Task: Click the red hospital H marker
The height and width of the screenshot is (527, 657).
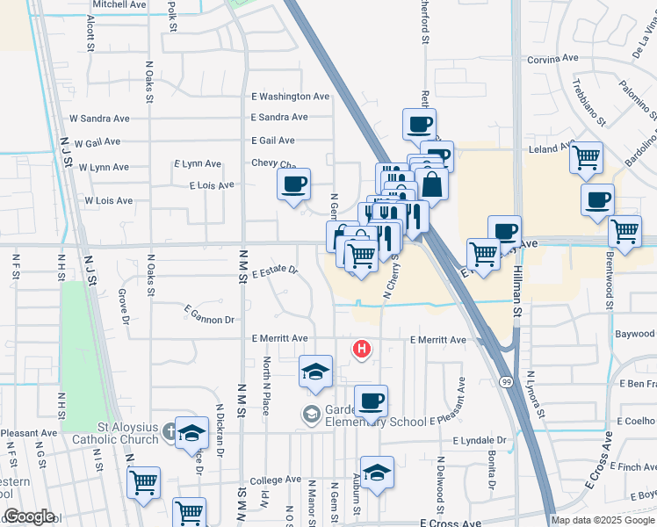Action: (x=361, y=350)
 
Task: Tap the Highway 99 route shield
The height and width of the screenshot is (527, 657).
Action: (x=507, y=382)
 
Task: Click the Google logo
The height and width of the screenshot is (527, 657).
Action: (x=29, y=516)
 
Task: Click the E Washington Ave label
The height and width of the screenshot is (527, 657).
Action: (x=290, y=97)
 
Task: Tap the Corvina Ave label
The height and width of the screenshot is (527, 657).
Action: (x=553, y=59)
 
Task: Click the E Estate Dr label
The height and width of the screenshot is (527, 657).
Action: (x=274, y=273)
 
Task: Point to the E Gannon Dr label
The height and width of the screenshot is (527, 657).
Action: (x=210, y=314)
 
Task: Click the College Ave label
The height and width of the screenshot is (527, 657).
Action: (x=275, y=480)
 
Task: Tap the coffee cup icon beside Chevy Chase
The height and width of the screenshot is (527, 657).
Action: (x=294, y=184)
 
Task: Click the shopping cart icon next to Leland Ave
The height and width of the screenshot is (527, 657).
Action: (x=586, y=158)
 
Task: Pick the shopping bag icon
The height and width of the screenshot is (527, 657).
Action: (x=431, y=185)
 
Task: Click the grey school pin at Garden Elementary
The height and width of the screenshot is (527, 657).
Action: (x=312, y=413)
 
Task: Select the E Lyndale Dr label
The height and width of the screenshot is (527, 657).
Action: (x=480, y=440)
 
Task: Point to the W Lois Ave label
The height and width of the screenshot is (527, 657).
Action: (x=108, y=201)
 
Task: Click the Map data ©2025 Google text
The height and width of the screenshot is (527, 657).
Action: (x=603, y=520)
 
